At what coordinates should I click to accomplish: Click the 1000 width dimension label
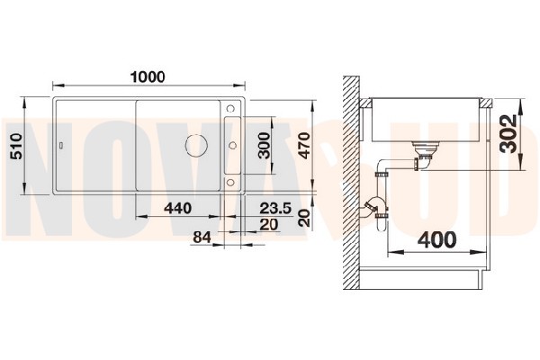148,76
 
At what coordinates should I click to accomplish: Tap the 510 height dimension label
16,147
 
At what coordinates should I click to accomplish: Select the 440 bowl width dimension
177,208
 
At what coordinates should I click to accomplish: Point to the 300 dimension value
265,145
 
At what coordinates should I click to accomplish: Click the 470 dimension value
304,146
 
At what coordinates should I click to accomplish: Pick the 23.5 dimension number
275,208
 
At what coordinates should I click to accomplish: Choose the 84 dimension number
202,238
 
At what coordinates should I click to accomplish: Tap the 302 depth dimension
508,133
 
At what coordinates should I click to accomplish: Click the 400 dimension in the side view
436,239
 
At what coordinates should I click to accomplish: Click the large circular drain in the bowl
196,145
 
